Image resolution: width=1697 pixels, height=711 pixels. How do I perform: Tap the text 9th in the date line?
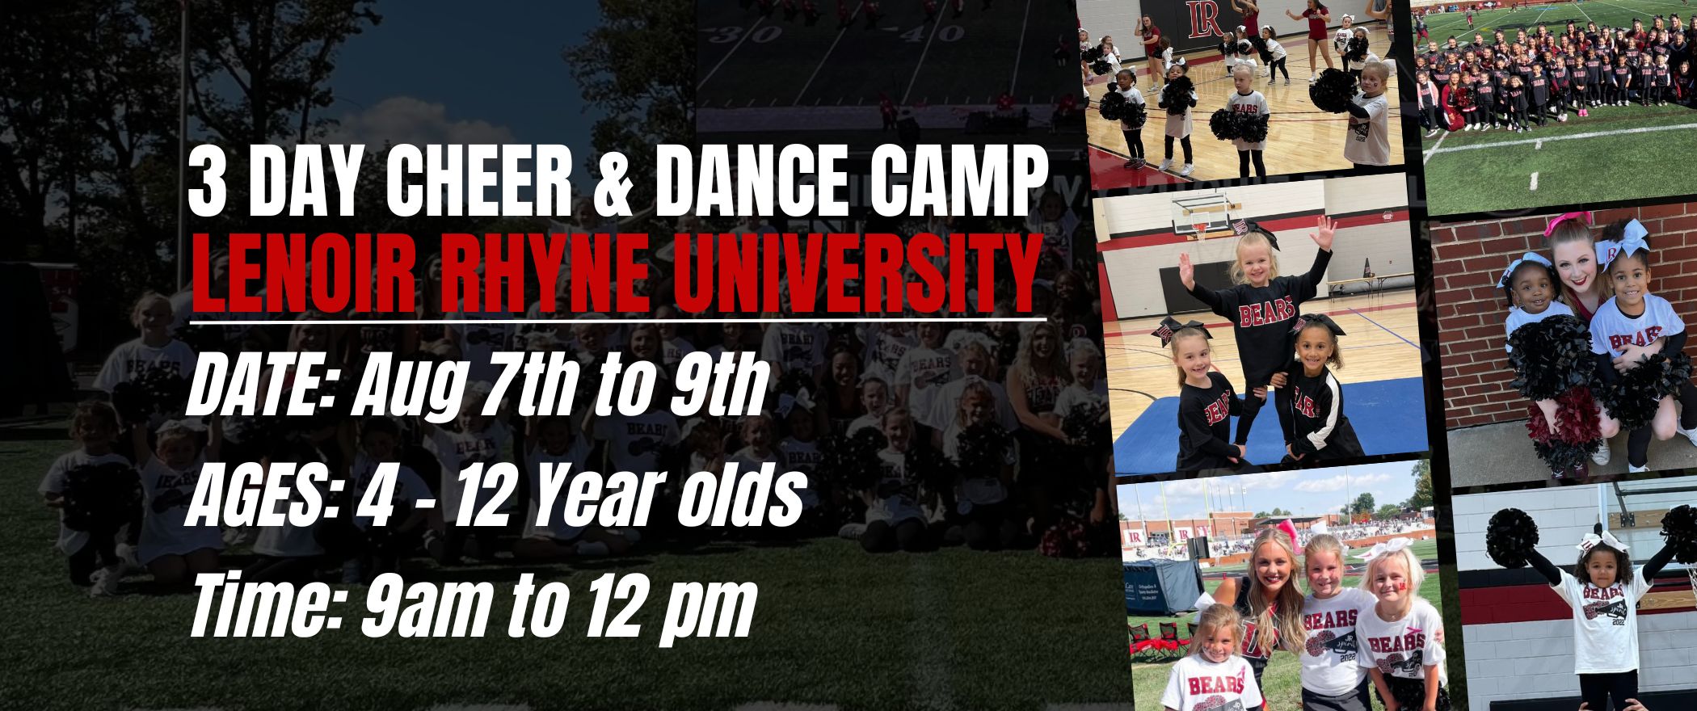(x=712, y=390)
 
